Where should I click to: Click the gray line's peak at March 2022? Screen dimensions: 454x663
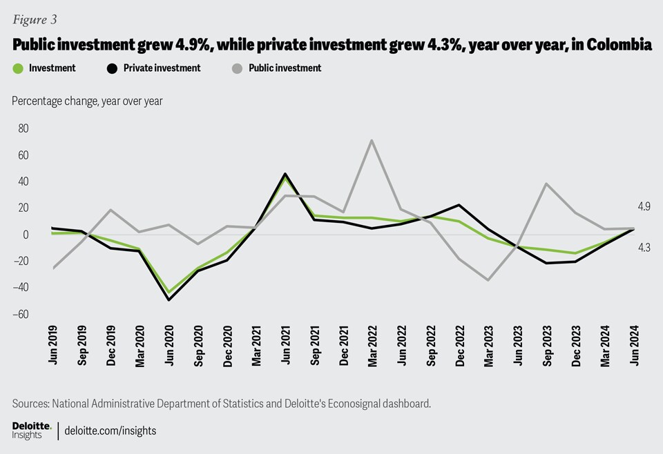click(372, 141)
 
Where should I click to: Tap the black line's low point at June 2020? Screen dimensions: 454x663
click(169, 299)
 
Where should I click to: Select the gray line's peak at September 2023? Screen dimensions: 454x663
click(546, 184)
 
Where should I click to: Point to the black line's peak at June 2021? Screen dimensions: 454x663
click(285, 174)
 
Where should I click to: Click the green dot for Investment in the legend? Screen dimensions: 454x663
click(18, 68)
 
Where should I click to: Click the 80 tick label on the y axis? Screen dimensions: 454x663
click(23, 128)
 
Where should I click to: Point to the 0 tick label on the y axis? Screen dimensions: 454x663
click(26, 235)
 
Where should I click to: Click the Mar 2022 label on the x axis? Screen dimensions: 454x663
click(372, 344)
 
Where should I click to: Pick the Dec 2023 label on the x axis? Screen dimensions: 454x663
click(575, 344)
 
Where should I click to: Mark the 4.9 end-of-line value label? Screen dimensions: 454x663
click(644, 206)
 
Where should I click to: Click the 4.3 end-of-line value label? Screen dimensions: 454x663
click(644, 248)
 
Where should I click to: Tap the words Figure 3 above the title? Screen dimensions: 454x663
click(34, 19)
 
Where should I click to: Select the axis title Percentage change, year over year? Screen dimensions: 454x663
click(87, 101)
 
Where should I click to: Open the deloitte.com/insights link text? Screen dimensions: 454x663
click(110, 431)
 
